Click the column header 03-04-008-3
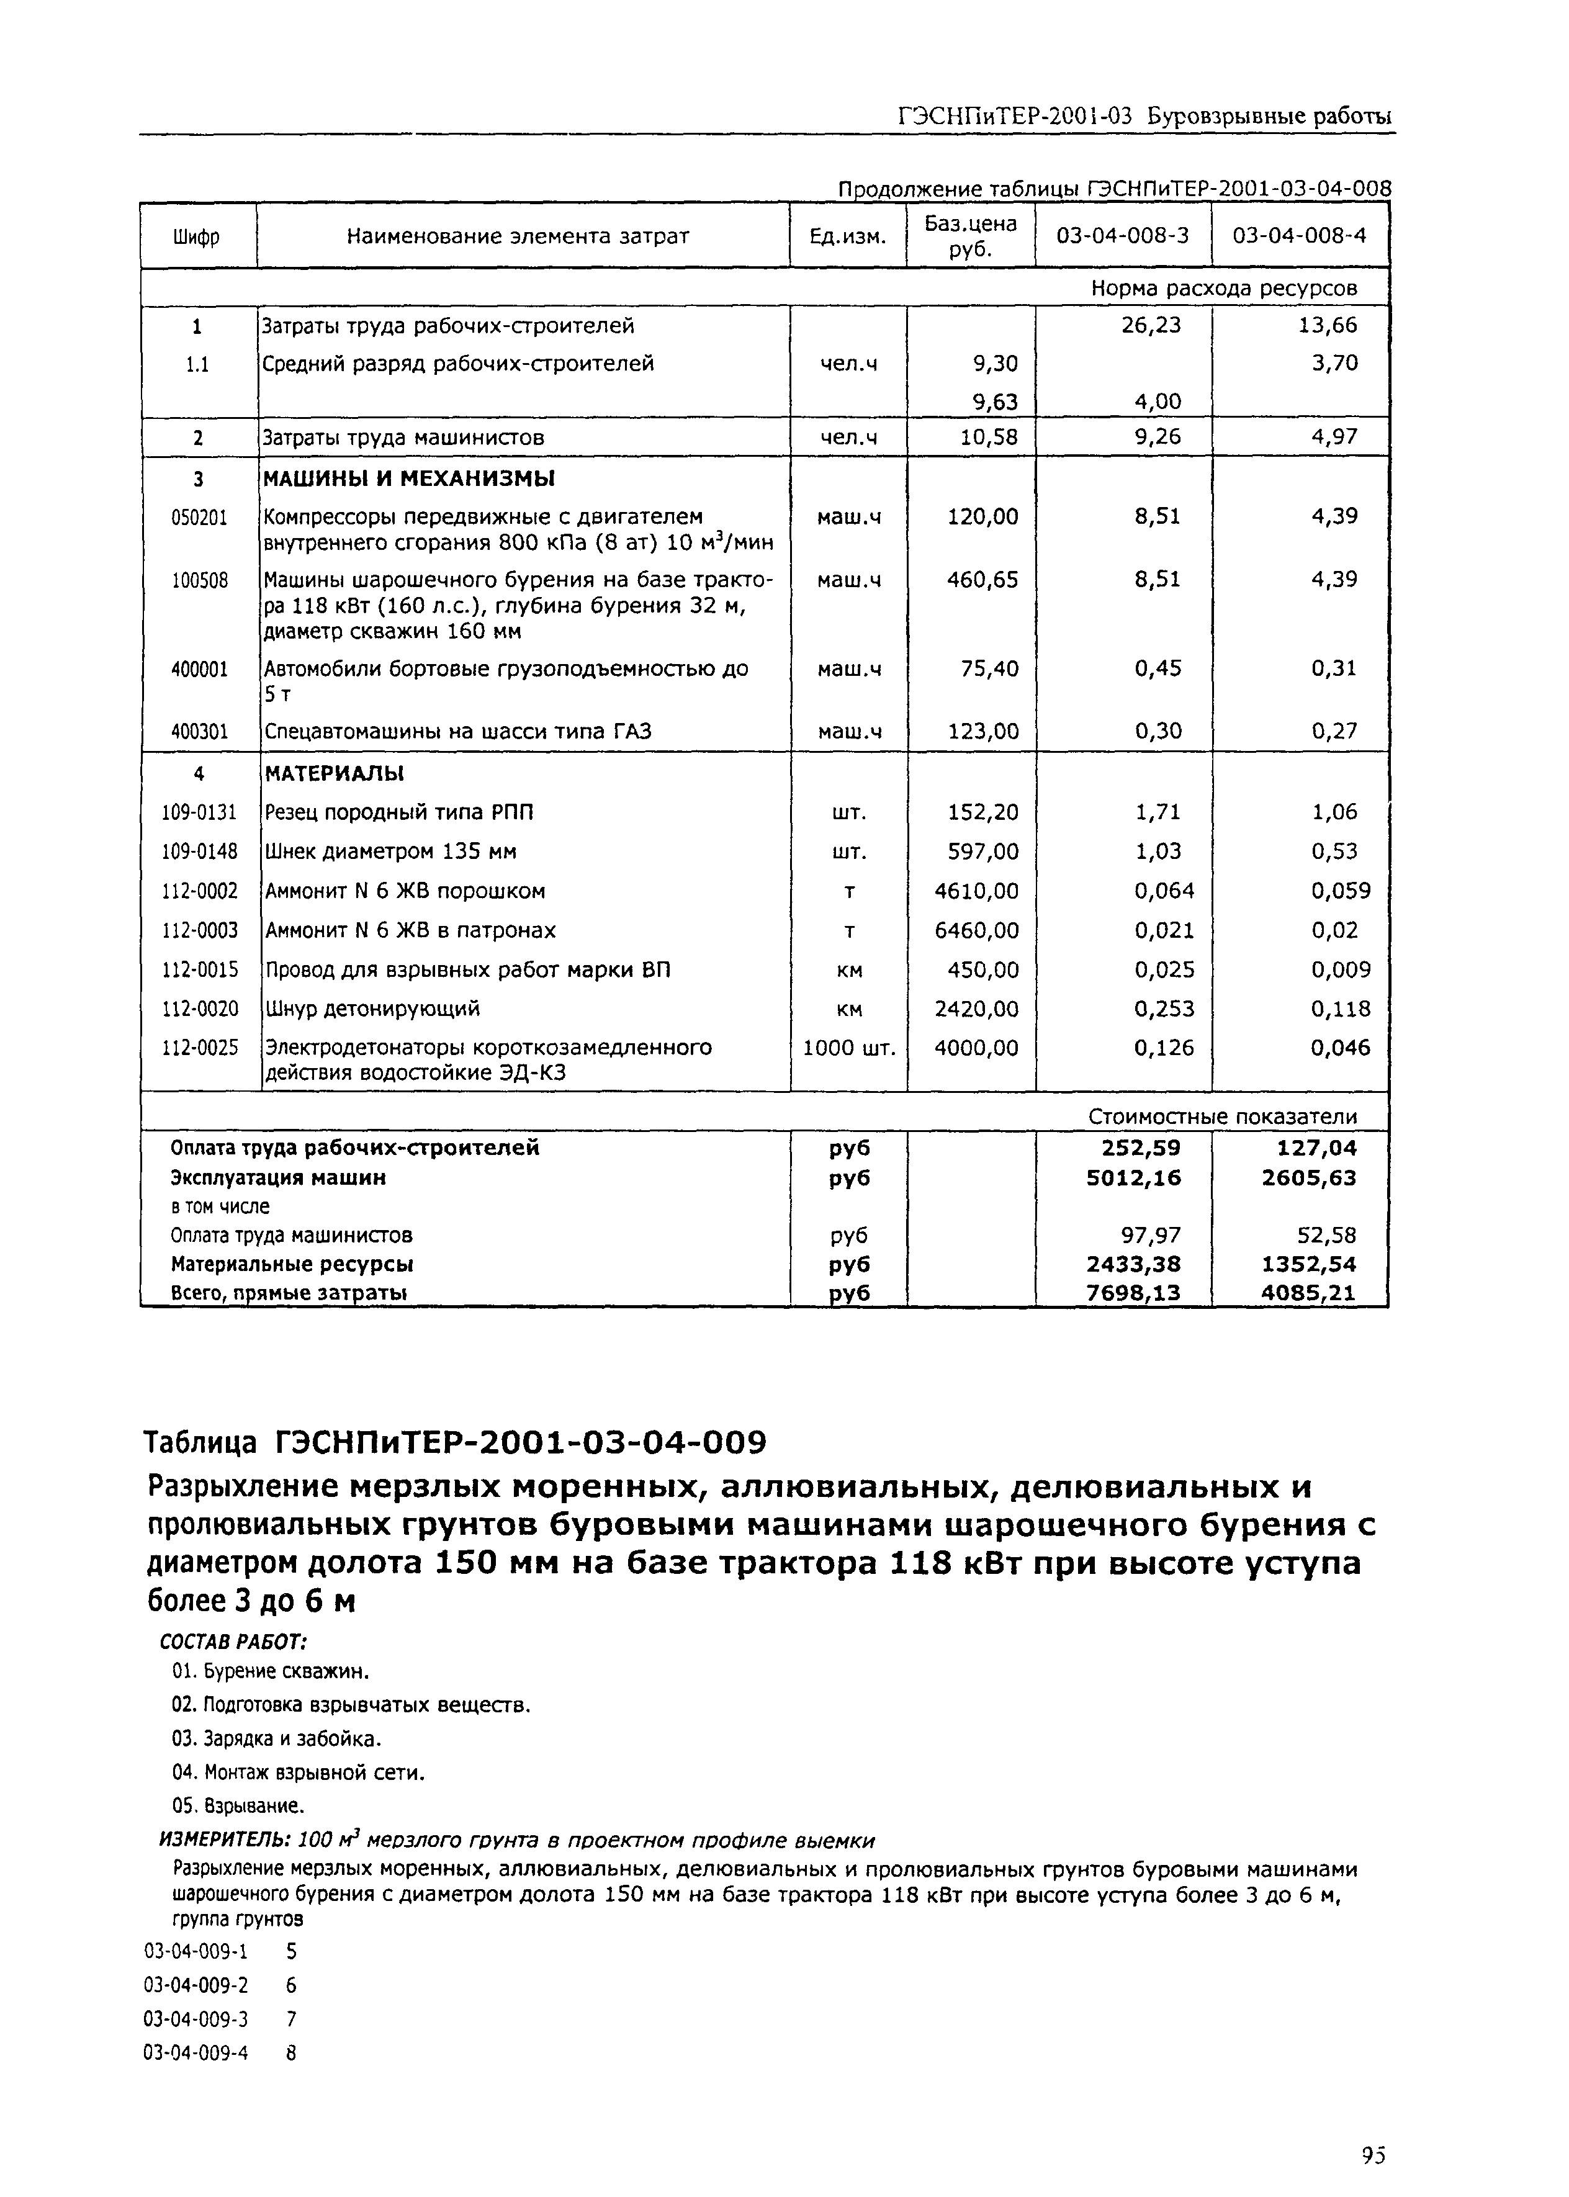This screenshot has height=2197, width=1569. (x=1123, y=236)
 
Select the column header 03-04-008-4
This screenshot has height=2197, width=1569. (x=1300, y=236)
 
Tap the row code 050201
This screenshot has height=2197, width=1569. (x=199, y=518)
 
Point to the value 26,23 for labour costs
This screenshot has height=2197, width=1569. (x=1151, y=326)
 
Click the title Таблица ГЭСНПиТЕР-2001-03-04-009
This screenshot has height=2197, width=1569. (x=454, y=1442)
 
